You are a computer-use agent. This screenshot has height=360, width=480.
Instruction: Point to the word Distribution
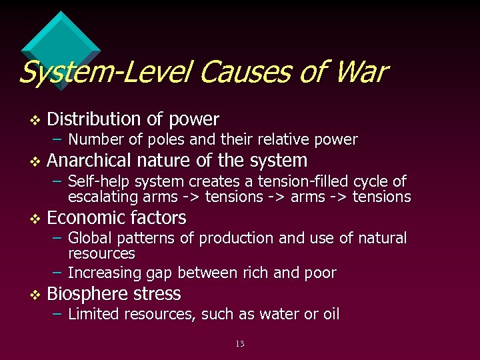(94, 119)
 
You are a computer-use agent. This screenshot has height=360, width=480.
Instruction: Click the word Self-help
(96, 181)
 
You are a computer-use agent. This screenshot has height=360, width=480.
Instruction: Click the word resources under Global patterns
(101, 254)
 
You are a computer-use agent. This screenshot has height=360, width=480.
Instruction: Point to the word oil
(329, 314)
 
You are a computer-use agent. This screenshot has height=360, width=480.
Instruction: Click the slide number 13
(240, 344)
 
